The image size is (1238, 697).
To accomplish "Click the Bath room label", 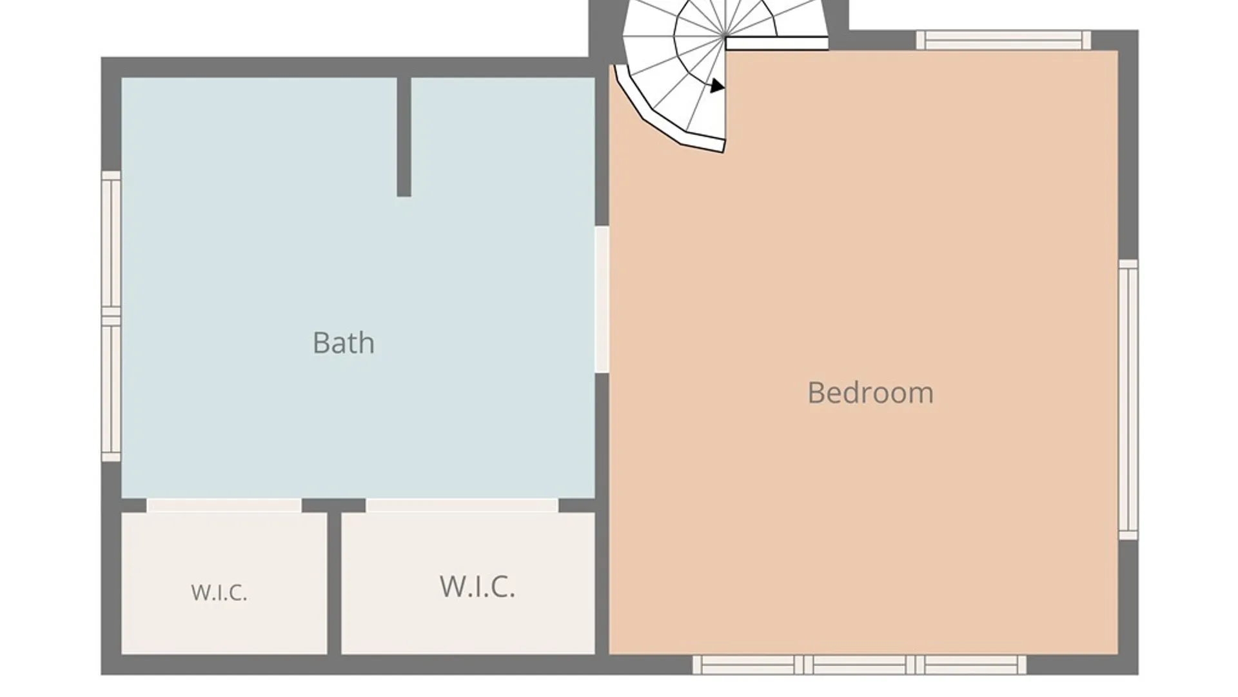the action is pyautogui.click(x=344, y=343).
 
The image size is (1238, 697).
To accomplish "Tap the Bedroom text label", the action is pyautogui.click(x=870, y=393).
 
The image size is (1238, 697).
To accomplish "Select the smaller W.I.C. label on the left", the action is pyautogui.click(x=219, y=592).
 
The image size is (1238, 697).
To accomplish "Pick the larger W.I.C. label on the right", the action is pyautogui.click(x=477, y=586).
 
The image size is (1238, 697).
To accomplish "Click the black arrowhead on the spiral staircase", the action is pyautogui.click(x=717, y=86).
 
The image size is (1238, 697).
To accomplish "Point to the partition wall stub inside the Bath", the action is pyautogui.click(x=404, y=137).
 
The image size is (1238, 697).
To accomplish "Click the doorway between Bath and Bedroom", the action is pyautogui.click(x=602, y=299).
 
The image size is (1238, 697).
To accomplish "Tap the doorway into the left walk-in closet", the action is pyautogui.click(x=224, y=505).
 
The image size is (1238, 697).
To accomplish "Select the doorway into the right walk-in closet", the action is pyautogui.click(x=462, y=505).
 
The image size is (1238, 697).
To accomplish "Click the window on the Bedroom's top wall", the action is pyautogui.click(x=1004, y=40).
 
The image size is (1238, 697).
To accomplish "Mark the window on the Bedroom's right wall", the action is pyautogui.click(x=1128, y=400).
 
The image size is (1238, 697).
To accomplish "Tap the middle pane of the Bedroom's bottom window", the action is pyautogui.click(x=860, y=665).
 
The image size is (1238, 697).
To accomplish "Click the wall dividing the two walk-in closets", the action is pyautogui.click(x=334, y=583).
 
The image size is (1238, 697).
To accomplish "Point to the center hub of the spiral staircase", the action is pyautogui.click(x=725, y=35).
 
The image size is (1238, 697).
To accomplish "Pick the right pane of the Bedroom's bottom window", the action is pyautogui.click(x=971, y=665).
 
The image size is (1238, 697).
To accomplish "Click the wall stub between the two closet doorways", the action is pyautogui.click(x=334, y=505).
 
